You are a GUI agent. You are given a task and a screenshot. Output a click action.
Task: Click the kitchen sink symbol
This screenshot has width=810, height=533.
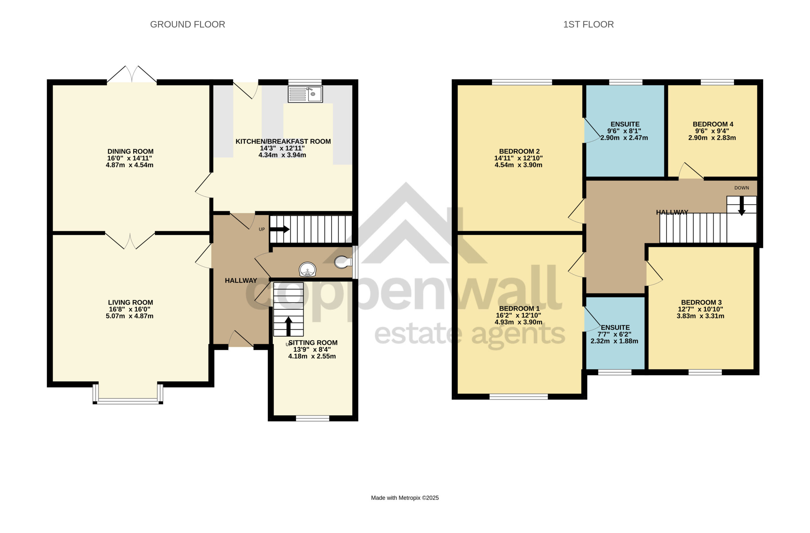click(305, 94)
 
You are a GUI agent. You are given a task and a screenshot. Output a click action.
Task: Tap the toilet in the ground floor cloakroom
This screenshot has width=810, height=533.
click(343, 262)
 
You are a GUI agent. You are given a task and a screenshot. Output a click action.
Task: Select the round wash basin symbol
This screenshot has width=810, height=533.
click(307, 270)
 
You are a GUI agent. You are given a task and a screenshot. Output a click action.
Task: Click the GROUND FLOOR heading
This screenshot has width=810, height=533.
click(188, 24)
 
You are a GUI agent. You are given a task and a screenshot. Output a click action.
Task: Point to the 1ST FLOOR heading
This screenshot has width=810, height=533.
click(589, 24)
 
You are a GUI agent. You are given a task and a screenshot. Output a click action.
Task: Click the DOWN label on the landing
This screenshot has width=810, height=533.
click(742, 188)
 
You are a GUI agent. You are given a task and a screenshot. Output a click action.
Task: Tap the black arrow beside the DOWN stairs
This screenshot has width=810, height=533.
click(742, 206)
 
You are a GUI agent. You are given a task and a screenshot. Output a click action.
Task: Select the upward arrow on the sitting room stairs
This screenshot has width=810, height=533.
click(288, 327)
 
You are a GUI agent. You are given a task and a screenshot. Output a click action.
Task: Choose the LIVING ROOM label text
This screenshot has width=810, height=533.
click(130, 302)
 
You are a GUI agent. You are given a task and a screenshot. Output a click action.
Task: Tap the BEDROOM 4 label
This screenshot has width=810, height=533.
click(713, 124)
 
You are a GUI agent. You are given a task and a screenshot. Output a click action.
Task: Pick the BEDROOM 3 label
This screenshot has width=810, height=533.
click(701, 302)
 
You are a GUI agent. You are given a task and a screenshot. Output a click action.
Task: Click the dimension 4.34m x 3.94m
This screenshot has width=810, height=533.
click(282, 155)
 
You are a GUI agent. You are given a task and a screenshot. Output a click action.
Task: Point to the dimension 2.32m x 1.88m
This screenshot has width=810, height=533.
click(614, 341)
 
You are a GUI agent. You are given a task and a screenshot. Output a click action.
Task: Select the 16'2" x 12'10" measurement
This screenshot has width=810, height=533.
click(518, 315)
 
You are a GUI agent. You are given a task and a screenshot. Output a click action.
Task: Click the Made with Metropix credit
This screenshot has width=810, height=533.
click(405, 498)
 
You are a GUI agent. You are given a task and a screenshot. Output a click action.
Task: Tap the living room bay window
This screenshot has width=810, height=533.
click(128, 394)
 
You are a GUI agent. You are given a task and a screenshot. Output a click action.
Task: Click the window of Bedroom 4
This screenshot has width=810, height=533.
click(717, 82)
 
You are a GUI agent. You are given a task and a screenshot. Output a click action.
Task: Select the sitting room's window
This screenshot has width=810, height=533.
click(312, 418)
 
